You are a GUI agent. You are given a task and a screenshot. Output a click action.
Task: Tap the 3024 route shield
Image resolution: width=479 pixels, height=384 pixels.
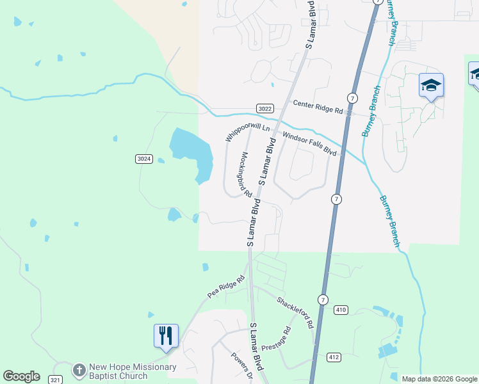coord(144,159)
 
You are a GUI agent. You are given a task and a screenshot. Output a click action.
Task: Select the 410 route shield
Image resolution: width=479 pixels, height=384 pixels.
coord(341,310)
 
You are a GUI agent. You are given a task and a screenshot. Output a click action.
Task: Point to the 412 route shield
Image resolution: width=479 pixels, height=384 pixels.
coord(334,356)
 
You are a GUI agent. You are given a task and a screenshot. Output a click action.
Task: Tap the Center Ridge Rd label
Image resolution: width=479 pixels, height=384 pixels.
coord(318,106)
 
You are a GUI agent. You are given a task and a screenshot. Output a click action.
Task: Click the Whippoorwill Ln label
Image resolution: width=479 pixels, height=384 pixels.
coord(248,132)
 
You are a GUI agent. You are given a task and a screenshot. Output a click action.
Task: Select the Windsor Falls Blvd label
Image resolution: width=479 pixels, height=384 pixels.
coord(309,144)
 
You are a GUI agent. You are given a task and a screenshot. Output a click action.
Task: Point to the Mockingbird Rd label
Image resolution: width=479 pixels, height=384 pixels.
coord(245,172)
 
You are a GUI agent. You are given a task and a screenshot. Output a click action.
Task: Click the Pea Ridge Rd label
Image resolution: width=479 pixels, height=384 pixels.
coord(227,287)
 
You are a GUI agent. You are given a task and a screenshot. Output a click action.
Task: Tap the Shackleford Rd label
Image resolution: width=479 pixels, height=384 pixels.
coord(295,312)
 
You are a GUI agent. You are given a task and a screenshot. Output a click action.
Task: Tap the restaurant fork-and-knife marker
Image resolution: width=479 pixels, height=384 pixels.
coord(166,335)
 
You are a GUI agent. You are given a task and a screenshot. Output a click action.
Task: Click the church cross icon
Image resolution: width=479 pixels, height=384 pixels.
coord(79,371)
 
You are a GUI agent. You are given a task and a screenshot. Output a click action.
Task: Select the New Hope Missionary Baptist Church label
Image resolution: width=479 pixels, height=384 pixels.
coord(133,371)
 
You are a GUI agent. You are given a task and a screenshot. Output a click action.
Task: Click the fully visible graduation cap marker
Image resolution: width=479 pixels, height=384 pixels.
coord(431,85)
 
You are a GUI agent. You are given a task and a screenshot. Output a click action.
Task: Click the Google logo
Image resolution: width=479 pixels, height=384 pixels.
coord(21,376)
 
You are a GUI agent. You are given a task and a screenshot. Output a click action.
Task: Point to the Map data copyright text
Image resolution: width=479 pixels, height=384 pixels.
coord(439,379)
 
